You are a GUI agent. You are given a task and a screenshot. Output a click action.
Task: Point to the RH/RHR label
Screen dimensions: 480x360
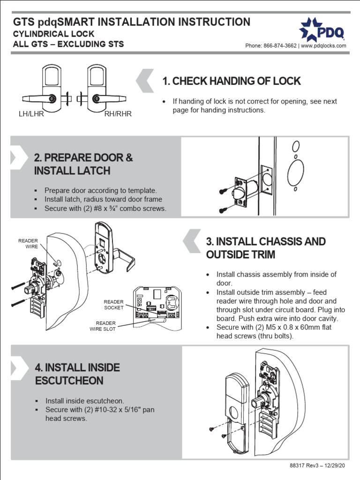point(118,114)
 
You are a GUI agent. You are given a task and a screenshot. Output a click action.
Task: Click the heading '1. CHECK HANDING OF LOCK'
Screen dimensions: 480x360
point(231,81)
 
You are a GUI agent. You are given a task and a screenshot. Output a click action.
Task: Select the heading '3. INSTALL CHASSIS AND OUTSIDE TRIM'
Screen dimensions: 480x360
point(266,248)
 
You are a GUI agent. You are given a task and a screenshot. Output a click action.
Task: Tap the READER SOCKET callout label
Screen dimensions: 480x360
point(114,305)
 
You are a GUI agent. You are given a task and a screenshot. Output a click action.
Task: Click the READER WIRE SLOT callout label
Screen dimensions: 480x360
point(103,326)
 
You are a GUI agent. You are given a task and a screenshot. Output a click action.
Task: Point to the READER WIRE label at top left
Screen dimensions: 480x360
point(28,244)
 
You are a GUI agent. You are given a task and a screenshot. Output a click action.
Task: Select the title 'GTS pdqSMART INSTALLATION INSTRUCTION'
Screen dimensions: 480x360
point(132,22)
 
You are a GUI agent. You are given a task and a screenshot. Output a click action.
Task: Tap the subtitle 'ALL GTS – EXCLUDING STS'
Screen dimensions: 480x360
point(68,45)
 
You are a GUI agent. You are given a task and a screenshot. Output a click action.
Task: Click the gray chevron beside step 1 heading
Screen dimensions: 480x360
point(145,81)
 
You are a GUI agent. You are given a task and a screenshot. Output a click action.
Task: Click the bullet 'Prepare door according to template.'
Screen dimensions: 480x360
point(100,190)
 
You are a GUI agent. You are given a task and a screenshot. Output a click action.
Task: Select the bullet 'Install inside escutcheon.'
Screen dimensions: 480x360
point(84,401)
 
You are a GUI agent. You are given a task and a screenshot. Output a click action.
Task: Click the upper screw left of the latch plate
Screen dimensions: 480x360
point(224,191)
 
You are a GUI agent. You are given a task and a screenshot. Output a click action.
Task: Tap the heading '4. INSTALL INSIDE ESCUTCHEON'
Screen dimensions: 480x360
point(77,374)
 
